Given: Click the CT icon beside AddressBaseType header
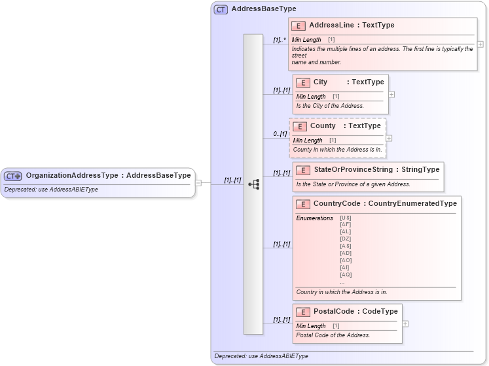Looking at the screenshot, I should (221, 9).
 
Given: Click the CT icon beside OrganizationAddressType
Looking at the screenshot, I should (13, 176).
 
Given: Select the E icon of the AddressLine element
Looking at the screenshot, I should (299, 25).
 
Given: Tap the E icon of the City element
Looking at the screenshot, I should (303, 82).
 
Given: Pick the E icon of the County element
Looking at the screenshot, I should (300, 126).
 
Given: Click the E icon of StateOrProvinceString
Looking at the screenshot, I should (303, 170).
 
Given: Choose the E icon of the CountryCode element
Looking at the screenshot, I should (302, 204).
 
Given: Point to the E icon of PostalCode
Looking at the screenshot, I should (303, 312).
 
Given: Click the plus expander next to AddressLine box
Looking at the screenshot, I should (480, 44).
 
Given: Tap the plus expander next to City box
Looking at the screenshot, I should (391, 94).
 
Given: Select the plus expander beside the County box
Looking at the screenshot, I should (389, 138).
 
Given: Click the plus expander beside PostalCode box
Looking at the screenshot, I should (405, 324).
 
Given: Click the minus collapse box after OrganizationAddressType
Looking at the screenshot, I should (198, 183).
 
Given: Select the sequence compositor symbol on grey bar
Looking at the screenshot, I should (253, 185).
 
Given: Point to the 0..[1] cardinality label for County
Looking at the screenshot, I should (280, 134).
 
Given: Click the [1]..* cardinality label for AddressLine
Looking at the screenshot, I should (280, 41).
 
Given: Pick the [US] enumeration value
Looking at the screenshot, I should (346, 218).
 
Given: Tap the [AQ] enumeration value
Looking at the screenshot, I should (346, 274).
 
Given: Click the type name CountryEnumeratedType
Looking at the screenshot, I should (412, 204).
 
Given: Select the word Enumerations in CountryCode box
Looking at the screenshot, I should (314, 218).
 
